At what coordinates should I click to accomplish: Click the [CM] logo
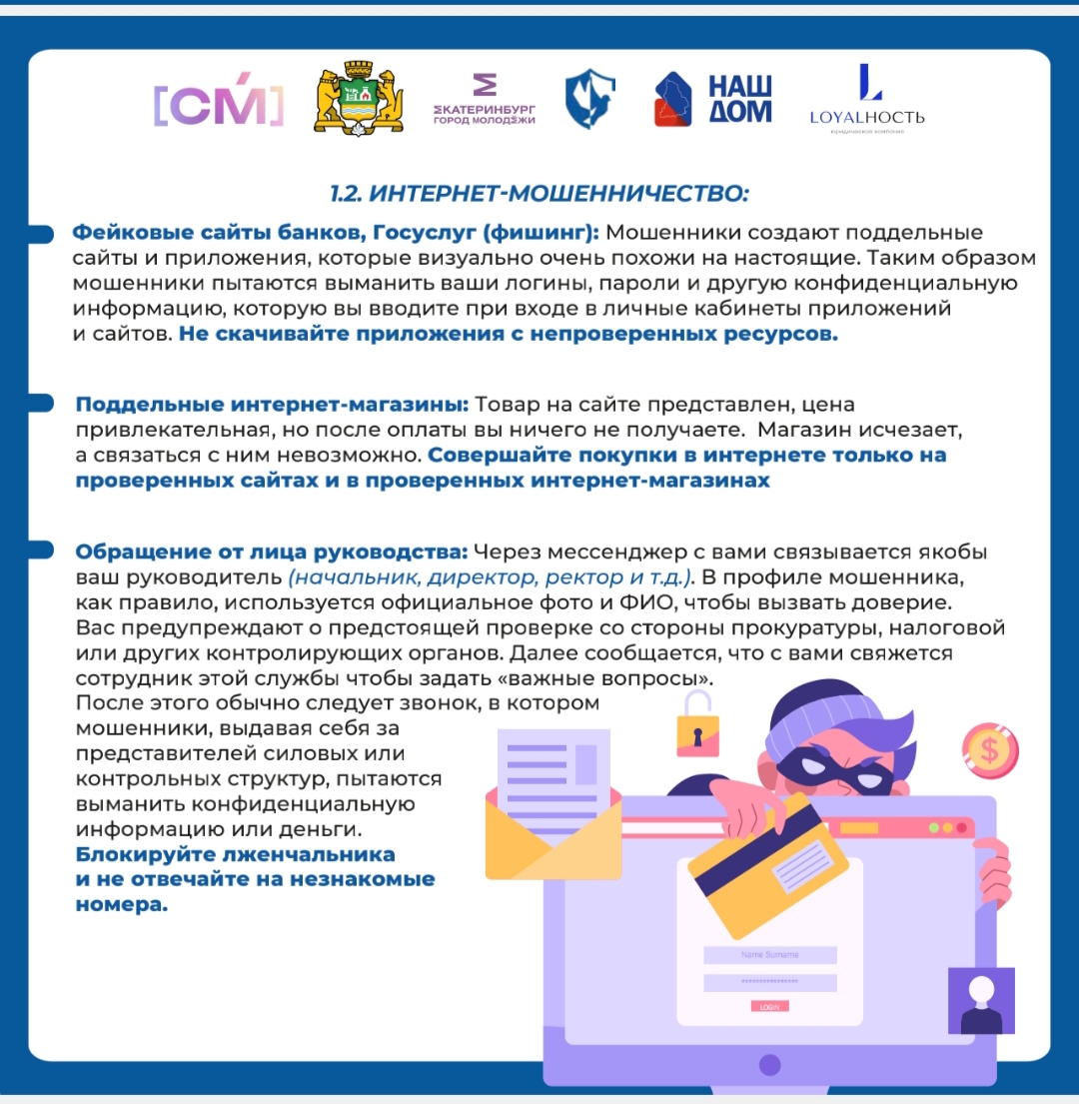click(218, 103)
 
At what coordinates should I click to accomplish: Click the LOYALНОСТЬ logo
click(867, 101)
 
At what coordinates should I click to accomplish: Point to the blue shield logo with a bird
click(589, 100)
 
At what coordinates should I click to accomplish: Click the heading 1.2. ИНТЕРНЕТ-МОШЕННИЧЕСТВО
click(539, 191)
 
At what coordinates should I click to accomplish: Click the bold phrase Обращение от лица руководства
click(272, 552)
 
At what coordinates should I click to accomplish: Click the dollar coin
click(991, 749)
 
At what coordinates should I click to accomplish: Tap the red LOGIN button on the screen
click(769, 1007)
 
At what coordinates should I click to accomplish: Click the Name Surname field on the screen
click(769, 955)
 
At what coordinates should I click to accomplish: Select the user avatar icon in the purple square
click(980, 999)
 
